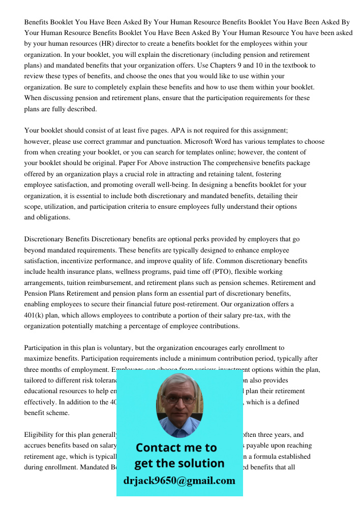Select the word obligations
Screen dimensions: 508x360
52,217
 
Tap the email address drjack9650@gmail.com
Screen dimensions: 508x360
179,481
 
